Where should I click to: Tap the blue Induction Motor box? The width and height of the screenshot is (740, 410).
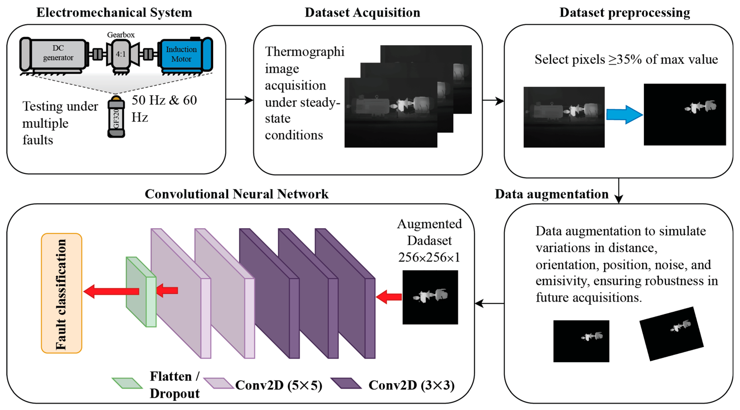coord(182,54)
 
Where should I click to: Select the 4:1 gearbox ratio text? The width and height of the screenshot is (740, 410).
coord(121,54)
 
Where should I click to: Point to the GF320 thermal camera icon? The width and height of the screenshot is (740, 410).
coord(116,116)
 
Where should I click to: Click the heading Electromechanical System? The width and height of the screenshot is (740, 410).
coord(114,13)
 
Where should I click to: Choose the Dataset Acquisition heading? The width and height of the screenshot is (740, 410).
coord(362,13)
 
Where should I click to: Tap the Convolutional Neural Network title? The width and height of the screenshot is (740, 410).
coord(237,194)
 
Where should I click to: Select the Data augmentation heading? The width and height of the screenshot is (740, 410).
coord(552,194)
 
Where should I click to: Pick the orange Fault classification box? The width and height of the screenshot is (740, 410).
coord(61,293)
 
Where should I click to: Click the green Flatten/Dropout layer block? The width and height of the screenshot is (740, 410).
coord(141,292)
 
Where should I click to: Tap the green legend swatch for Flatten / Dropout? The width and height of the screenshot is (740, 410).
coord(127,383)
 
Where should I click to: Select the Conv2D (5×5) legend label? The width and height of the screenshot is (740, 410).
coord(279,385)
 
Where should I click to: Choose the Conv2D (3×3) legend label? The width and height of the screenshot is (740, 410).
coord(411,385)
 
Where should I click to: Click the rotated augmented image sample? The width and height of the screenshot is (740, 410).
coord(671,334)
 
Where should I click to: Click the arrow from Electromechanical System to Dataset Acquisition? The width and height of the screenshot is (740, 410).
coord(239,100)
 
